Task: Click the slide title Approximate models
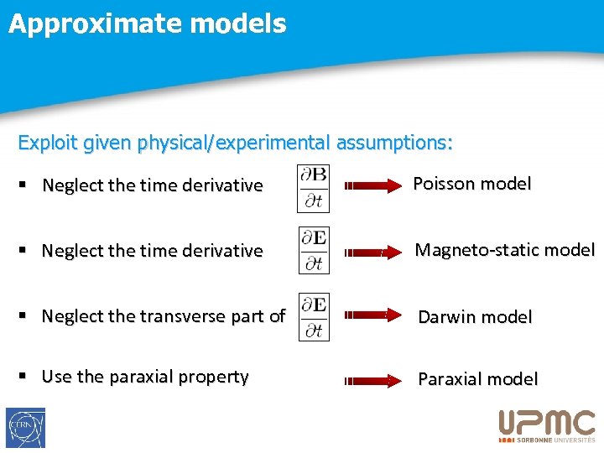(148, 23)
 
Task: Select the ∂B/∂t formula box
(315, 188)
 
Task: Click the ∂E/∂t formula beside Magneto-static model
(315, 251)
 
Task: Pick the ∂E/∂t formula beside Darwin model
(315, 316)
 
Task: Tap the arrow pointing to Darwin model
(373, 316)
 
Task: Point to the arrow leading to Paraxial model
(373, 380)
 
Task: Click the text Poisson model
(472, 184)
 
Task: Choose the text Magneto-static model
(504, 250)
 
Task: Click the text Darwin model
(475, 317)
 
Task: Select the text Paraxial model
(477, 379)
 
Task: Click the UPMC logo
(546, 425)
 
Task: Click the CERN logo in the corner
(25, 428)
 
